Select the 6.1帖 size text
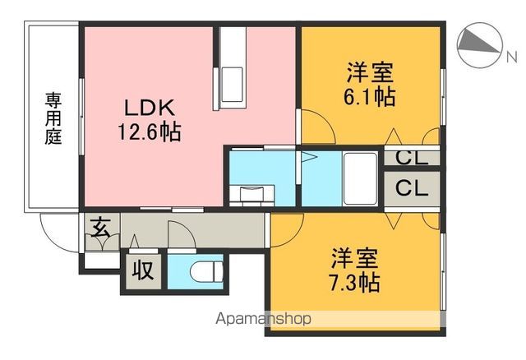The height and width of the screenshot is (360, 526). click(x=369, y=97)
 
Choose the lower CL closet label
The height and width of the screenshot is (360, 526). click(x=411, y=187)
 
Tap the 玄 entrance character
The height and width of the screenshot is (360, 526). click(x=99, y=227)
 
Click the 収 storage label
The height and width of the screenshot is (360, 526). click(x=144, y=270)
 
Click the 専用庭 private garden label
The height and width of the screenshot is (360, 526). click(x=53, y=119)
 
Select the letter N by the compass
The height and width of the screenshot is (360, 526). click(x=511, y=56)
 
